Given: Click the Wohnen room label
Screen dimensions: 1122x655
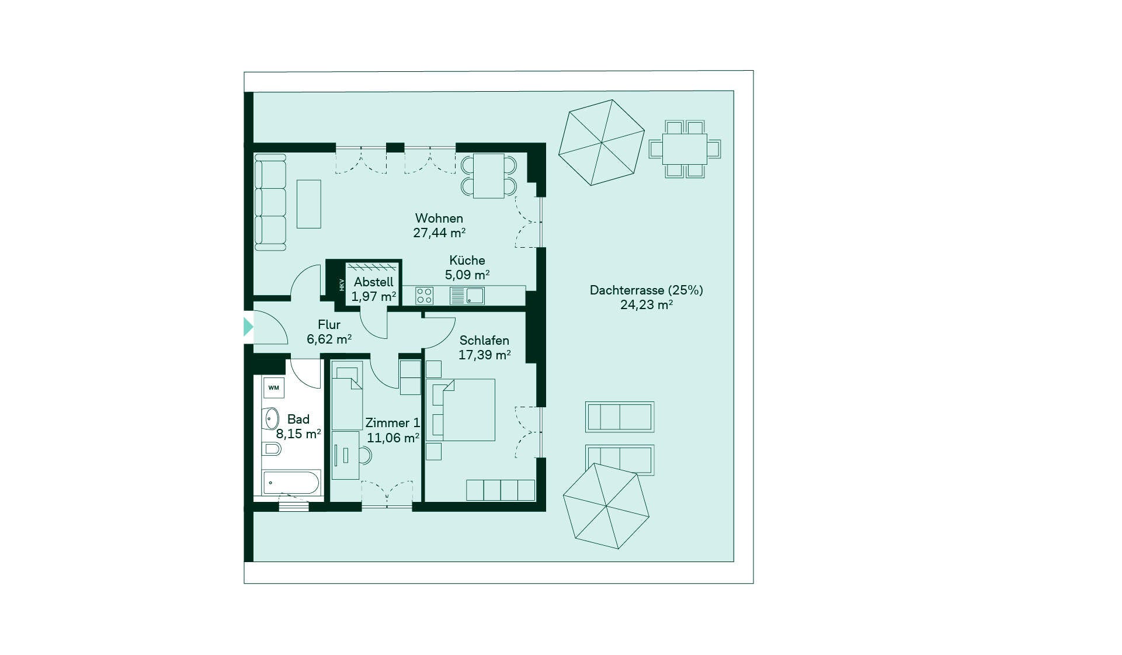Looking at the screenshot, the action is [439, 219].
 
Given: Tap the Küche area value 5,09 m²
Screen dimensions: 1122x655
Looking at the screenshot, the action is [467, 275].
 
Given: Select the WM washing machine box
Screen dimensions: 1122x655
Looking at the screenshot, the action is [274, 388].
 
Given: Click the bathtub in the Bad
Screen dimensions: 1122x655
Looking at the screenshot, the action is [291, 483].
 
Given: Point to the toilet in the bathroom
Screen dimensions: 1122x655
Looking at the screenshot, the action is [272, 449].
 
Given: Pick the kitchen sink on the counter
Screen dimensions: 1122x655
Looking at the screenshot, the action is [467, 296].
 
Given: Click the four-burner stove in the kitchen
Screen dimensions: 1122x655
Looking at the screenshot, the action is [425, 296].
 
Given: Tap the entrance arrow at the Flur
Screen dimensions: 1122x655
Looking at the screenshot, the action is [249, 327].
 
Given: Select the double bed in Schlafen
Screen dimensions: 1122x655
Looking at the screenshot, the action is [461, 410].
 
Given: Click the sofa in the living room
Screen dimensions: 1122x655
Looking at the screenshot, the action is [270, 202].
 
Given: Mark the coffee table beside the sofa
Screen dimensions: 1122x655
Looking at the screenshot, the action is [309, 204].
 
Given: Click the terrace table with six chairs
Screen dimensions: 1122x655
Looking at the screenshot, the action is [685, 149].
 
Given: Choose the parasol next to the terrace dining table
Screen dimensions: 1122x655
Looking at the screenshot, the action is [602, 143].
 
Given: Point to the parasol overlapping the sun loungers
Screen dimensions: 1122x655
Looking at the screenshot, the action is [606, 506].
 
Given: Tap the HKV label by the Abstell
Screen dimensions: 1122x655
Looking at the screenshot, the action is [342, 285].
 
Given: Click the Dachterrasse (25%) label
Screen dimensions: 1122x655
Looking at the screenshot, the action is [647, 290].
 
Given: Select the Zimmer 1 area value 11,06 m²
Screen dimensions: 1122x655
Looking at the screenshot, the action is [393, 438].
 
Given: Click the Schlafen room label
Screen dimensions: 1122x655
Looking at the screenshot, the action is [484, 341].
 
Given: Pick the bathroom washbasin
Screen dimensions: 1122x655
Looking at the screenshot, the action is [270, 418].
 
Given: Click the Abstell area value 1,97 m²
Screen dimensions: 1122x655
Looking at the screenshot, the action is [374, 296].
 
